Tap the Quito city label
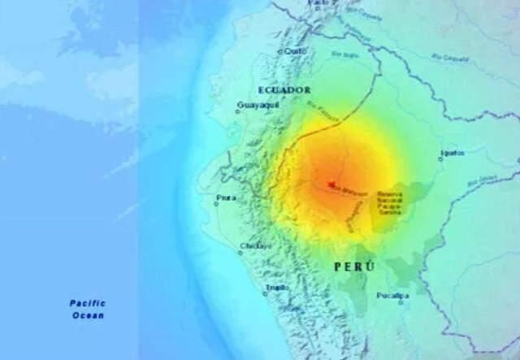pos(296,50)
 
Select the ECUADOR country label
pos(284,89)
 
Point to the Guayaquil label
pos(259,105)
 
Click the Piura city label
pos(227,197)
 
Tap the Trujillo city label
pos(276,288)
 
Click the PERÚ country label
pos(355,267)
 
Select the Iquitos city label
pos(452,152)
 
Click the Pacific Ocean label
pos(88,309)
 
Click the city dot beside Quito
pos(280,51)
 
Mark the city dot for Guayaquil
pos(238,112)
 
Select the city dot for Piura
pos(216,204)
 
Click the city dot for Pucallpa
pos(401,303)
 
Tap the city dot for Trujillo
pos(266,293)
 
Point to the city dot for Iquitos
pos(442,159)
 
